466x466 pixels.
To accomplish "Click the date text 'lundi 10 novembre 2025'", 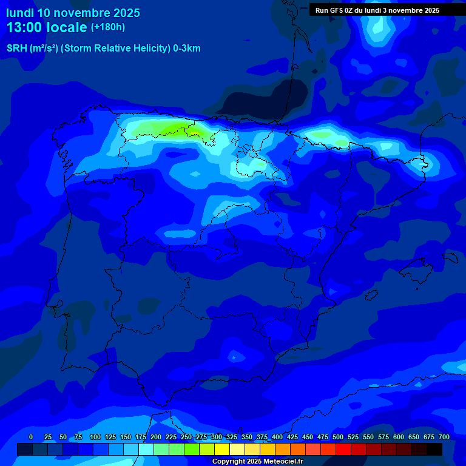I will click(x=73, y=13).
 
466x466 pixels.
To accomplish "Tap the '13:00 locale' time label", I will click(x=47, y=27).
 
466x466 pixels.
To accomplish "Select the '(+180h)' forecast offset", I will click(x=108, y=27).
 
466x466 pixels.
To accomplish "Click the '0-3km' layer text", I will click(x=187, y=49).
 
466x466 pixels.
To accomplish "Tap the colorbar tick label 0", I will click(x=31, y=437).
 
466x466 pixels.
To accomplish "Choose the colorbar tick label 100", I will click(x=95, y=437).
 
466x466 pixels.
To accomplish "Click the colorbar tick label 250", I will click(x=186, y=437).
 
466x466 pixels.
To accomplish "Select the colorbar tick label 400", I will click(x=277, y=437).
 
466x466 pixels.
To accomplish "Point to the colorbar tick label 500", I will click(x=338, y=437).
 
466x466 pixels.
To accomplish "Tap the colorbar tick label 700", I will click(x=444, y=437).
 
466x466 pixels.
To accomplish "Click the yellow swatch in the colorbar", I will click(x=222, y=449).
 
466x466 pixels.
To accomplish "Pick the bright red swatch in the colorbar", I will click(x=343, y=449).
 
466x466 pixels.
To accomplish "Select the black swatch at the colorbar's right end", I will click(x=434, y=449).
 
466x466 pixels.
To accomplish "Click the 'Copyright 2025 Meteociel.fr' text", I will click(x=257, y=462).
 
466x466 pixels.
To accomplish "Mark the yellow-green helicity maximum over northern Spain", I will click(x=182, y=129).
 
